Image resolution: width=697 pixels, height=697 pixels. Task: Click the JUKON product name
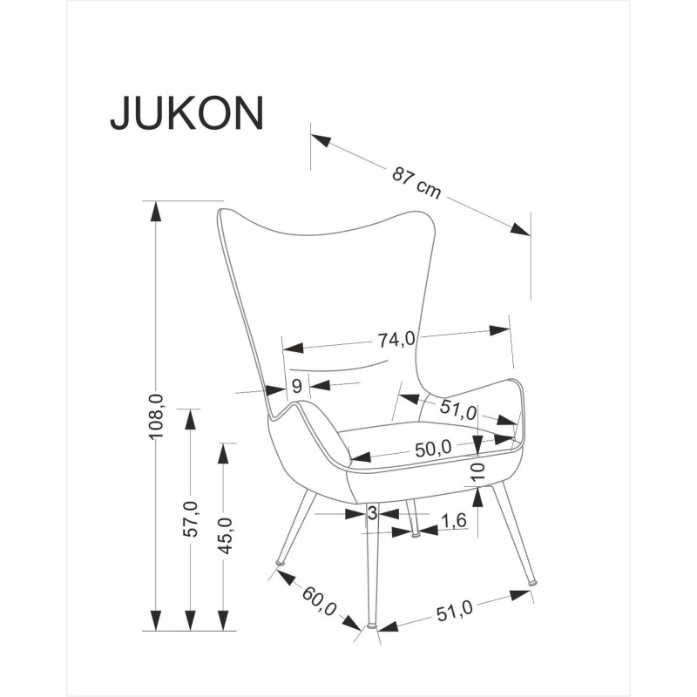tap(186, 113)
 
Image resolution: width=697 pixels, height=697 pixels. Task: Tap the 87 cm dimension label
tap(416, 182)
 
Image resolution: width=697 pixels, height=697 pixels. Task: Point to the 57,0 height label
tap(191, 519)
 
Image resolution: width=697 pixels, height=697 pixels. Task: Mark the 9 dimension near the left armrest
tap(296, 386)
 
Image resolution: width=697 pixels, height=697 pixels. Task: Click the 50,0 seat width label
tap(433, 449)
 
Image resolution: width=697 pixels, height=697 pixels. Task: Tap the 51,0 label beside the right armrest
tap(459, 409)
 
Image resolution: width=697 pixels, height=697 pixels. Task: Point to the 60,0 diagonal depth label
tap(320, 599)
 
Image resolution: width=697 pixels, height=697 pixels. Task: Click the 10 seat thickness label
tap(477, 472)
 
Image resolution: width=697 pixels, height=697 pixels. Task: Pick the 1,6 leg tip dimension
tap(455, 521)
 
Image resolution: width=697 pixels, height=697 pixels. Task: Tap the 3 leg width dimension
tap(372, 514)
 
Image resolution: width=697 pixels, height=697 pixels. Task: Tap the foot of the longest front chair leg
tap(372, 625)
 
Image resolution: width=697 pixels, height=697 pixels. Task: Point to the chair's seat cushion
tap(418, 436)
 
